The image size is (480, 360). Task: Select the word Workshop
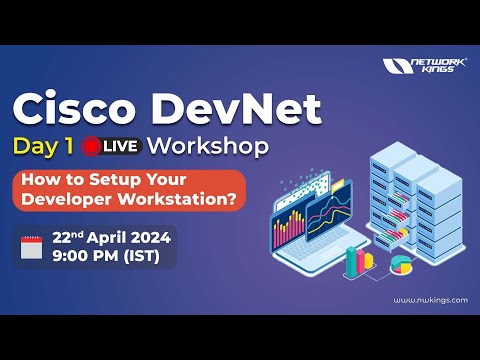[x=208, y=146]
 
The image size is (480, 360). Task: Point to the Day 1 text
[x=46, y=146]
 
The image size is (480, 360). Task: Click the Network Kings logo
[x=424, y=67]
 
